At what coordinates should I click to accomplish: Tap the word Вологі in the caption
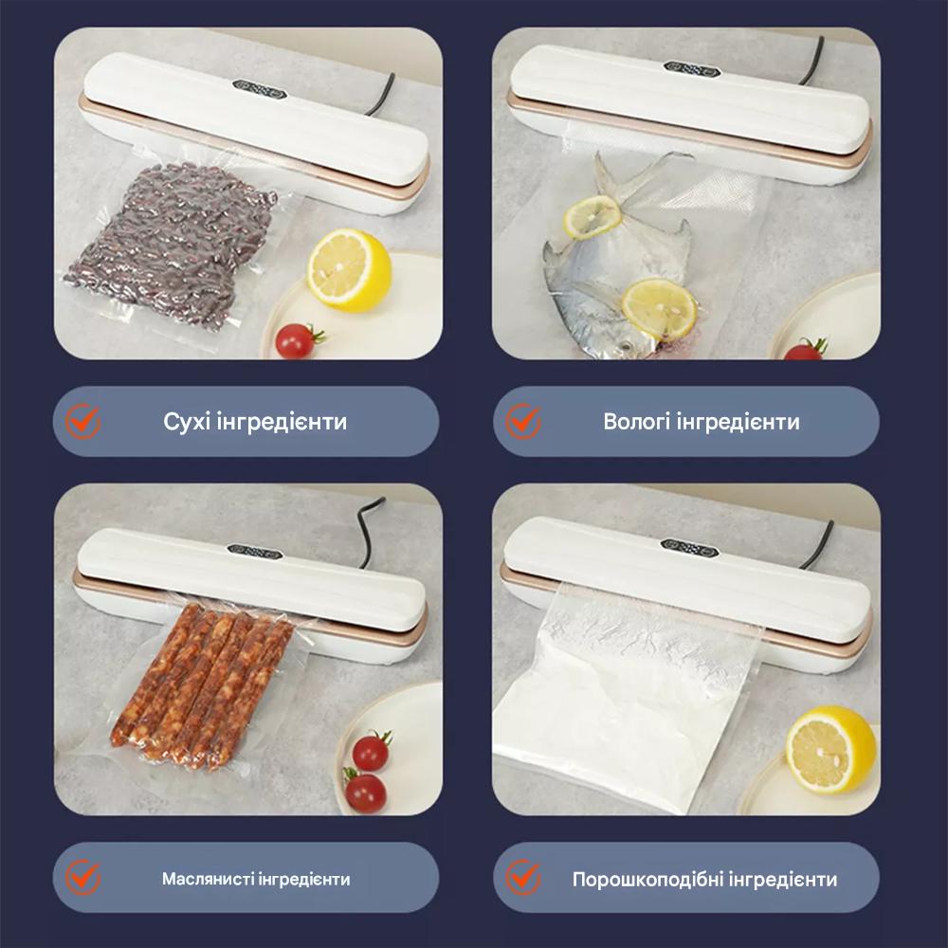(635, 422)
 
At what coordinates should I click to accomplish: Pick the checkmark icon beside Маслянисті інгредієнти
(82, 877)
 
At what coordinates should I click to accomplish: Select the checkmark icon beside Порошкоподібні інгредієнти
(523, 877)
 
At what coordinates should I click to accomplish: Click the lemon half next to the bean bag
(349, 270)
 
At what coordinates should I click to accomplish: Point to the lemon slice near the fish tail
(592, 216)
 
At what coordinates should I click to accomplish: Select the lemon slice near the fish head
(659, 308)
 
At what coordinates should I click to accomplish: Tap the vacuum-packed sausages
(203, 686)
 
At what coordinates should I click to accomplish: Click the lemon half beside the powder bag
(830, 749)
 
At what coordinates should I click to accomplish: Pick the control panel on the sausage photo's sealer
(256, 552)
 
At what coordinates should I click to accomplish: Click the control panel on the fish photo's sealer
(692, 66)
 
